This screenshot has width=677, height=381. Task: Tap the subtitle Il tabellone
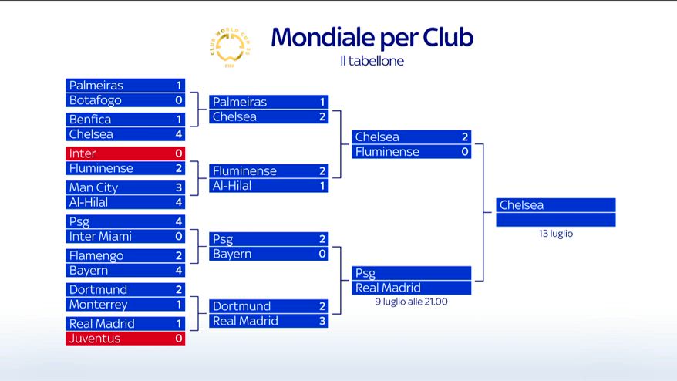372,61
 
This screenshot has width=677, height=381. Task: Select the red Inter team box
125,153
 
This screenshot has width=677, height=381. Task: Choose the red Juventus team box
125,339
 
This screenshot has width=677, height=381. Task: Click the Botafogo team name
95,100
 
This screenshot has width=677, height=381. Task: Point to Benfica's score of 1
178,120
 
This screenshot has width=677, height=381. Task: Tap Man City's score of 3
178,187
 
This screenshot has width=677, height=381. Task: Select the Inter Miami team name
100,236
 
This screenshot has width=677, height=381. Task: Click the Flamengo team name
96,256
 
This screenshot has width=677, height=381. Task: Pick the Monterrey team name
98,305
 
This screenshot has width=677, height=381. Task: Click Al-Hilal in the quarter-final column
232,186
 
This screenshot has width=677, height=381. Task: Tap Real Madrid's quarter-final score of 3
322,321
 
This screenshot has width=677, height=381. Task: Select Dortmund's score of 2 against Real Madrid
322,306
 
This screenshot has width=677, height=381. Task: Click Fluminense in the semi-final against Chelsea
387,152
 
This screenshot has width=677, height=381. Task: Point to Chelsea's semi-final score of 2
465,137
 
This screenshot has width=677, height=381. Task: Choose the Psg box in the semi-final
411,273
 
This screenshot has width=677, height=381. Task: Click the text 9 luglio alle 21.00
411,302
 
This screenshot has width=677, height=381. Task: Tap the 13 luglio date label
556,234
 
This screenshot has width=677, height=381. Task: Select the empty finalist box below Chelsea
556,220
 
